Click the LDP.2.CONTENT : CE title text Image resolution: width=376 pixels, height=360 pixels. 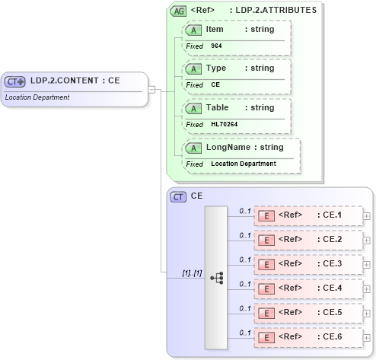tap(75, 80)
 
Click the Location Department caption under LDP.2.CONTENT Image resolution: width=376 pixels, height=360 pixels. tap(37, 97)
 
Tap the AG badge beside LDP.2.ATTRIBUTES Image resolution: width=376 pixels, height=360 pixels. tap(179, 11)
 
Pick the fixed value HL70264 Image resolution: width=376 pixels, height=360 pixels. tap(225, 124)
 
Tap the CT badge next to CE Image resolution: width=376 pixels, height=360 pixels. tap(178, 197)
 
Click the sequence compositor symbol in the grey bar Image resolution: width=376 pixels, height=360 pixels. tap(217, 278)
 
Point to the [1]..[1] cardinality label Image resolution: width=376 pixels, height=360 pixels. tap(192, 272)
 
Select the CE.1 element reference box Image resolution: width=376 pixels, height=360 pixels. tap(307, 215)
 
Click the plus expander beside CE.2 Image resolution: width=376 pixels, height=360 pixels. tap(367, 241)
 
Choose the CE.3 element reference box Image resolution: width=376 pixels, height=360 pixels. tap(307, 264)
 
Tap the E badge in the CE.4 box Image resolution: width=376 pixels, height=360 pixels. tap(266, 288)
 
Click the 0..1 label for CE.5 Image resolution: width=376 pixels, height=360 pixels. tap(245, 308)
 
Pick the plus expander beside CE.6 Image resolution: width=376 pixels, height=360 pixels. tap(367, 338)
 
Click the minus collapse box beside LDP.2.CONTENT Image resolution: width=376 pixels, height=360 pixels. tap(152, 89)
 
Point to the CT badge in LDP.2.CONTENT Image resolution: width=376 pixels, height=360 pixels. tap(15, 81)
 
